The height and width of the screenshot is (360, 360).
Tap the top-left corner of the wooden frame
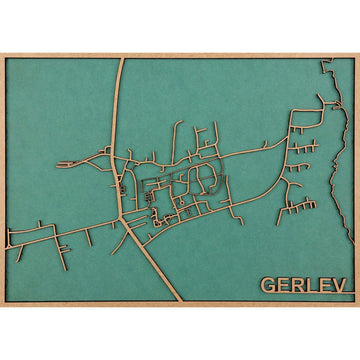coord(2,54)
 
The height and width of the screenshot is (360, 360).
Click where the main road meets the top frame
coord(121,58)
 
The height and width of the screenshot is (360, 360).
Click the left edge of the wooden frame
coord(3,180)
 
